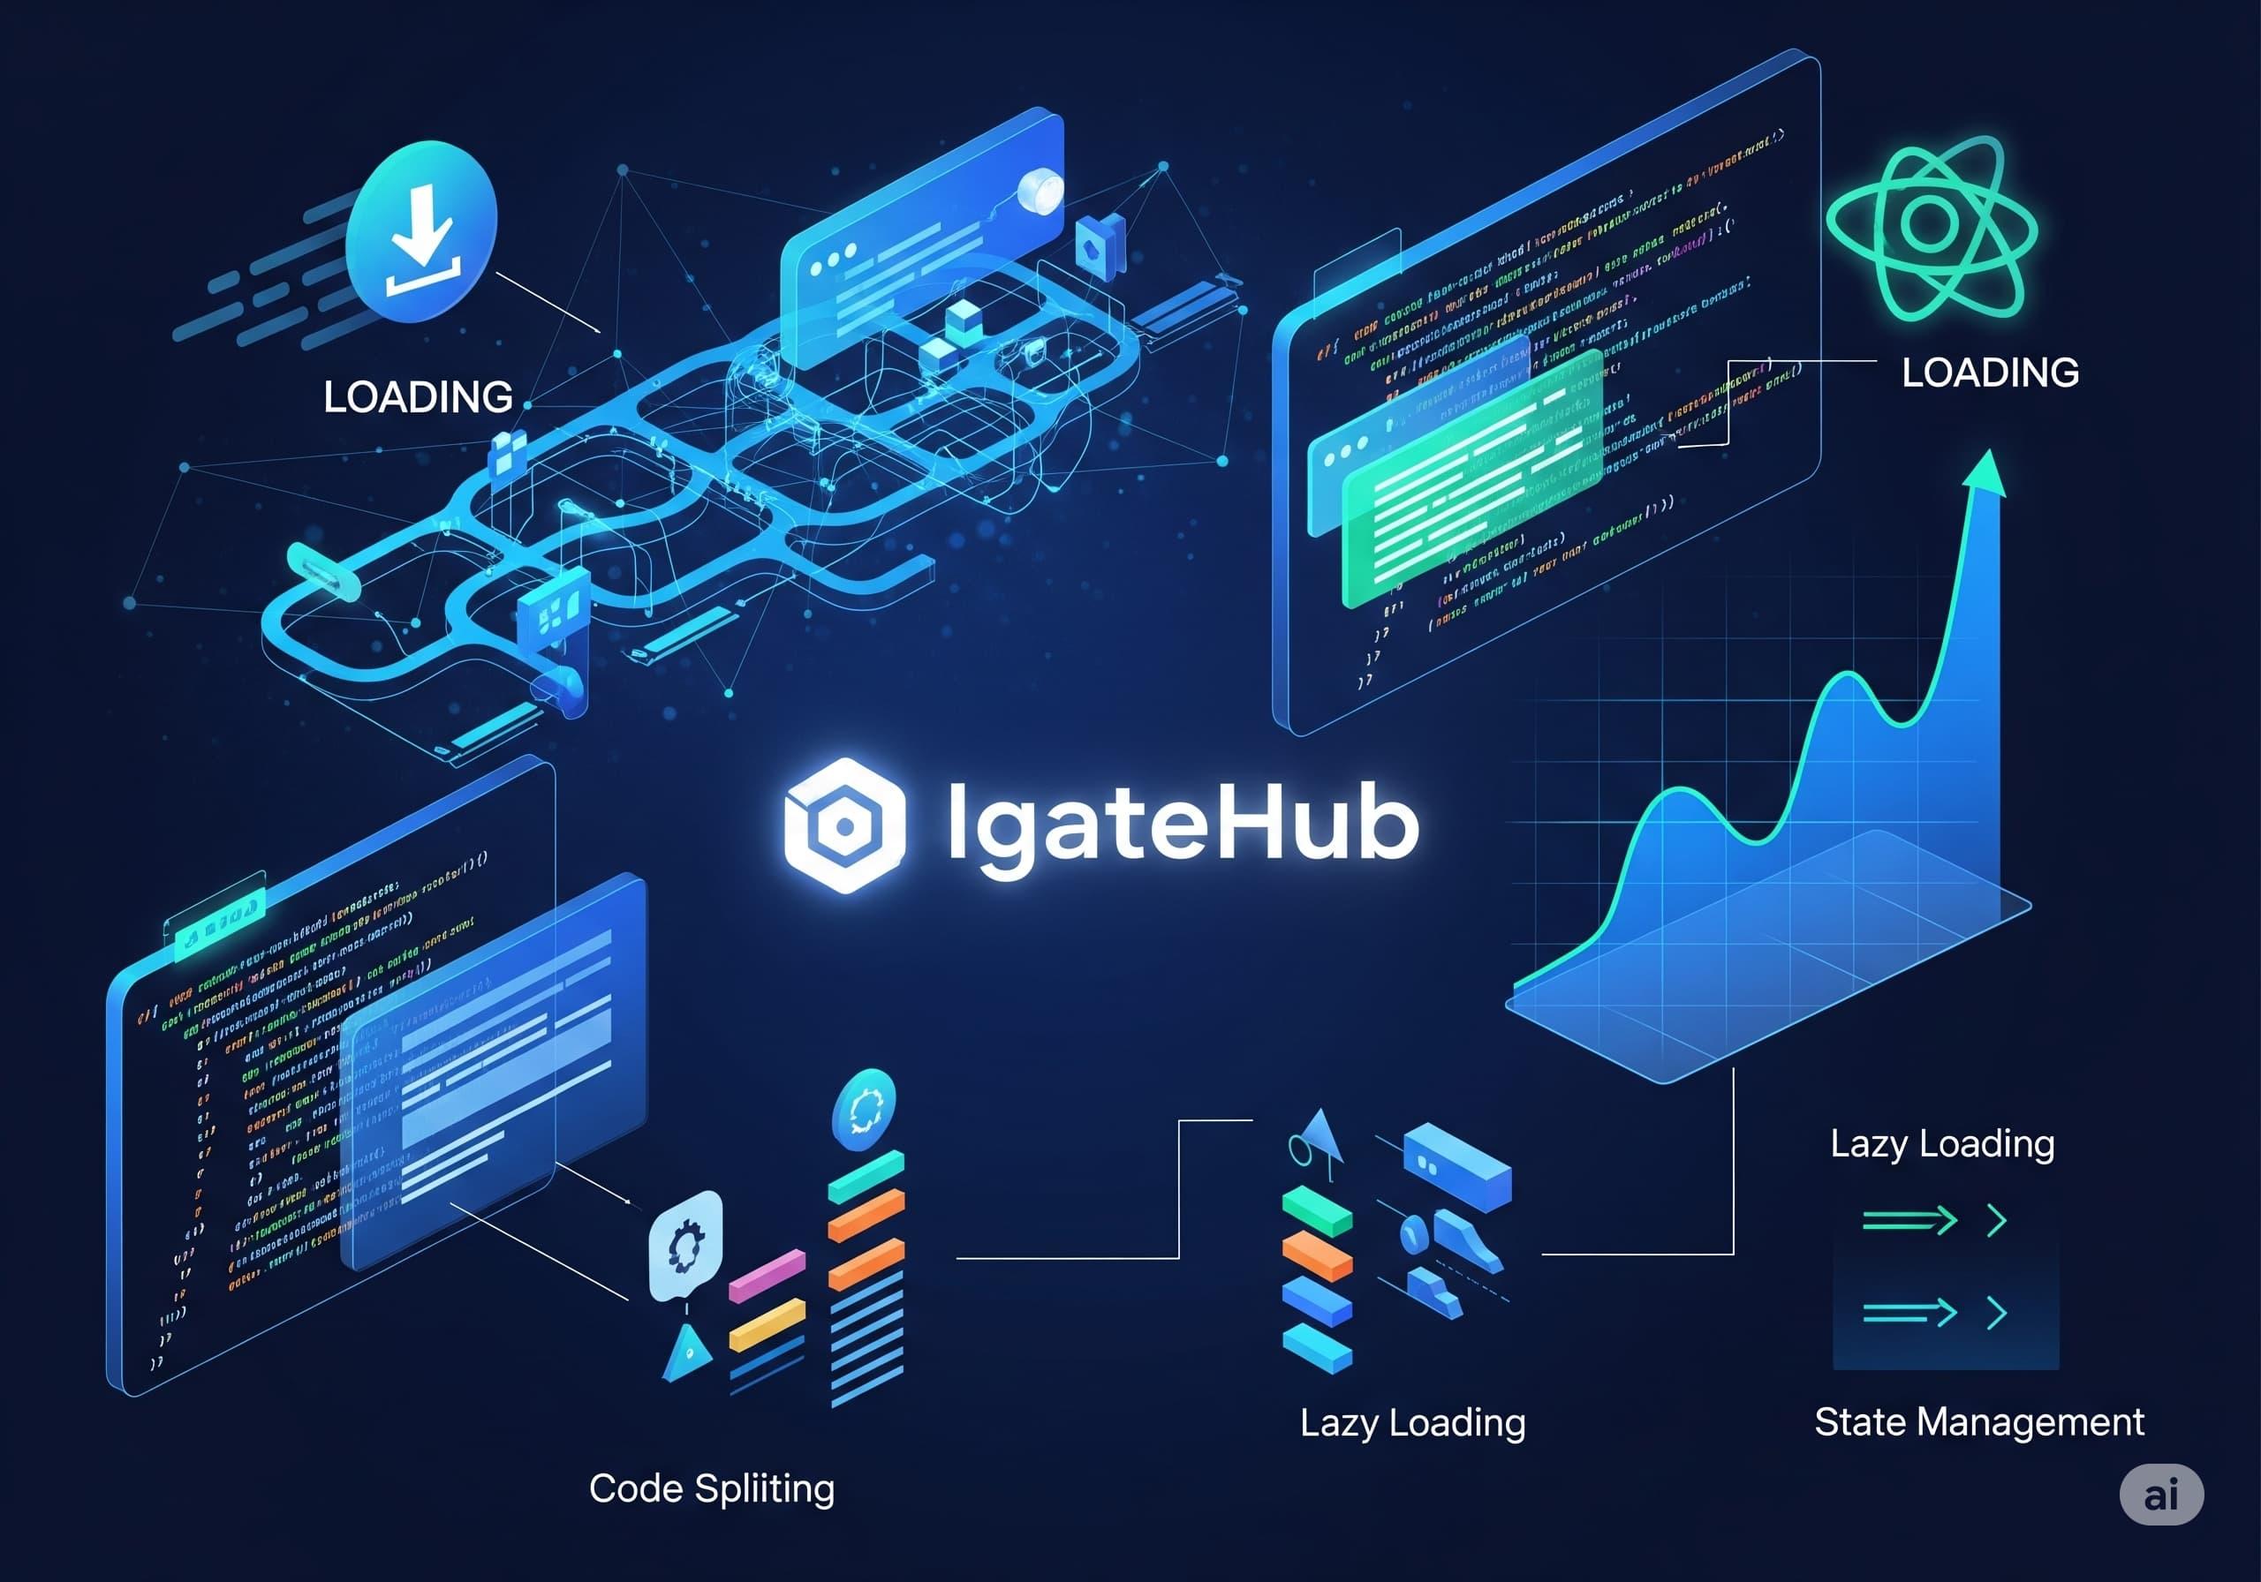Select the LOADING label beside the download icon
coord(418,396)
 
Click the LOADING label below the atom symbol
coord(1990,373)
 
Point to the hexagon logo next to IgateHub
coord(844,825)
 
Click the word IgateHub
coord(1182,825)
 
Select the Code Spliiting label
coord(711,1488)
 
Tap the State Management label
coord(1978,1421)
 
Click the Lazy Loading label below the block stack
coord(1412,1422)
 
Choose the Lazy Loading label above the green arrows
coord(1942,1144)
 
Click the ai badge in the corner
coord(2160,1495)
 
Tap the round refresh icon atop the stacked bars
coord(864,1110)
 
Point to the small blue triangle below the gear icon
coord(687,1352)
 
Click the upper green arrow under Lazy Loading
coord(1909,1221)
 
